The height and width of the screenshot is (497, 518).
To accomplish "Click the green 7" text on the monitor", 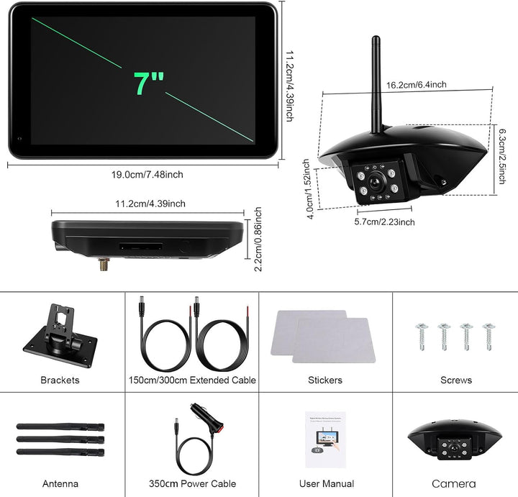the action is coord(149,83).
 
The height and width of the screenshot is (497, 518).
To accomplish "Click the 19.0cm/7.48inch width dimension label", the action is coord(147,174).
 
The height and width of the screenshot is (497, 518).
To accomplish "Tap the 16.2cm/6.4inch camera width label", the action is coord(417,85).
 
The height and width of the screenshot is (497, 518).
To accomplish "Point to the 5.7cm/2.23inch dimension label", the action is coord(384,222).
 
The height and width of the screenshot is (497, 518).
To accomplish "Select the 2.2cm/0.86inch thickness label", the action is coord(258,239).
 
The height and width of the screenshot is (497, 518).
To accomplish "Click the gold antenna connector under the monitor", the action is coord(104,264).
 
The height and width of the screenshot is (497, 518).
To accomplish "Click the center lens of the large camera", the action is coord(376,181).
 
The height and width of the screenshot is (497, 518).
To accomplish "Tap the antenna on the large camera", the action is coord(376,85).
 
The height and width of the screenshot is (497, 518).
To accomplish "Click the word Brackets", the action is coord(60,380).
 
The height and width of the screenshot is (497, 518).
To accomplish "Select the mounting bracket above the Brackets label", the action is coord(60,335).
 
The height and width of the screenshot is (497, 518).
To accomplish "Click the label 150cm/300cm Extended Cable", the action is coord(192,380).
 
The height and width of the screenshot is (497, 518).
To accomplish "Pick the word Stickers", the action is coord(325,380).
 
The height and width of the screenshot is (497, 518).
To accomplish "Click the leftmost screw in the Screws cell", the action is coord(422,336).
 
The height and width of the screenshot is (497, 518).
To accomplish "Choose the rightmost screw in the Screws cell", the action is coord(489,336).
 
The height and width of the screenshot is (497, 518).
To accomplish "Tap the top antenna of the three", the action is coord(60,427).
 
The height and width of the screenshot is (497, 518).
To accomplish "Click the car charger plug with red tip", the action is coord(207,417).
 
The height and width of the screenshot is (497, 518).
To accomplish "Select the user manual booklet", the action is coord(325,439).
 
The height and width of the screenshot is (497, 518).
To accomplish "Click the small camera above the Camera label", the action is coord(455,440).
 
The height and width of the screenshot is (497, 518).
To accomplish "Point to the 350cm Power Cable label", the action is coord(192,484).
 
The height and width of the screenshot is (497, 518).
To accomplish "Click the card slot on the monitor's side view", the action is coord(141,246).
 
